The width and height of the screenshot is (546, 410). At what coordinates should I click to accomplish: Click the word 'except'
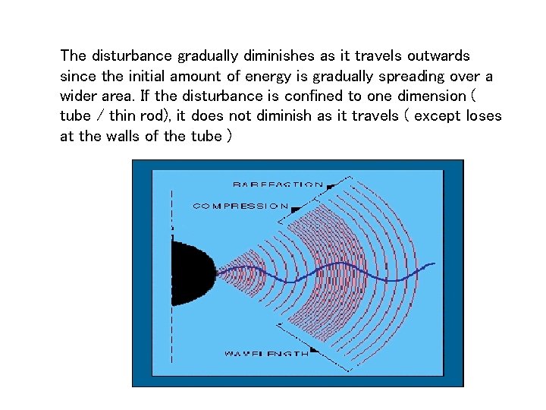click(440, 117)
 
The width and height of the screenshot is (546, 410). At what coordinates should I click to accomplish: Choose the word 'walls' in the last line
click(129, 137)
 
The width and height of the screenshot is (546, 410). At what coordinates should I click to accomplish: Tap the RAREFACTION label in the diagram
click(278, 184)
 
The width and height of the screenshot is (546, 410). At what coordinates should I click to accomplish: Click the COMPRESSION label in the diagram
click(240, 205)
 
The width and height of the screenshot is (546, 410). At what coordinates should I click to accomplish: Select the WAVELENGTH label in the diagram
click(265, 353)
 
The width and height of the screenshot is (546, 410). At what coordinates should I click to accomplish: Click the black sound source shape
click(190, 273)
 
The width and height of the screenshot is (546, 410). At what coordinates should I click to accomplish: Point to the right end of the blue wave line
click(433, 264)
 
